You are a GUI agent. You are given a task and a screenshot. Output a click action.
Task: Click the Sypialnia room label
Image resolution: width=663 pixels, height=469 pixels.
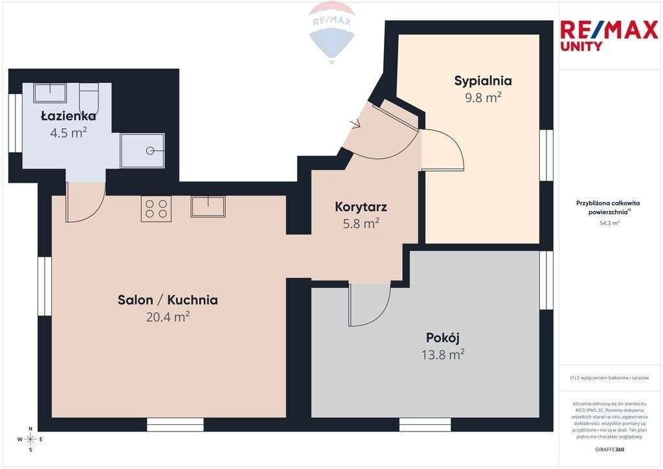482,81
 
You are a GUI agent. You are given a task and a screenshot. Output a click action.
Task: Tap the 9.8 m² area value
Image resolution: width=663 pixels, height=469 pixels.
482,98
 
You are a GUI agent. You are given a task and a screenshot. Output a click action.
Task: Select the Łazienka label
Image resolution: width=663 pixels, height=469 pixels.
68,116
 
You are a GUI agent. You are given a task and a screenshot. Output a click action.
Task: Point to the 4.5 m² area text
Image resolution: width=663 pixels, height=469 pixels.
68,133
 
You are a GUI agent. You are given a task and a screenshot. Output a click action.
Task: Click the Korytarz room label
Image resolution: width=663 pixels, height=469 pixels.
361,207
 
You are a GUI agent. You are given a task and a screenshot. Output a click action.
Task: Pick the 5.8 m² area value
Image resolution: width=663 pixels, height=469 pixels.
361,224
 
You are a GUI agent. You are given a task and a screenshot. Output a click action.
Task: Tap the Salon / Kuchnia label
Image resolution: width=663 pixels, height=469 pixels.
168,300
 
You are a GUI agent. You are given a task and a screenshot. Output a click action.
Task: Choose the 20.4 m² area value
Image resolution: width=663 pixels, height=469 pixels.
168,317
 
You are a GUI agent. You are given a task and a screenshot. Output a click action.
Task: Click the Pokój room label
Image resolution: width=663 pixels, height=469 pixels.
443,337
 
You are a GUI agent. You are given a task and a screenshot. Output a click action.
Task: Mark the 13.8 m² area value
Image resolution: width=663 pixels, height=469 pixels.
443,354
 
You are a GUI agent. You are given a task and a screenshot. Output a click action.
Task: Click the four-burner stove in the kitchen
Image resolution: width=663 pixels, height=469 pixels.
156,208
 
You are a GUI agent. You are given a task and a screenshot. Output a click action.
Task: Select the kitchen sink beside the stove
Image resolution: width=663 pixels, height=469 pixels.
208,207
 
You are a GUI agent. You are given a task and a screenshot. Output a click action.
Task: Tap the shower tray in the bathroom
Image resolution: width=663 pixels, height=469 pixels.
142,150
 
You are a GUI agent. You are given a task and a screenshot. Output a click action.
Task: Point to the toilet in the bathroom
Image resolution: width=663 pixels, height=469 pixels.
89,98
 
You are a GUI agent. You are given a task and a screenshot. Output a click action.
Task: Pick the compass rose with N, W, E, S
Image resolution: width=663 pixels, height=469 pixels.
30,439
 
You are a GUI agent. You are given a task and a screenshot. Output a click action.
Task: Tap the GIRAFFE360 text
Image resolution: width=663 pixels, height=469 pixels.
609,449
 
